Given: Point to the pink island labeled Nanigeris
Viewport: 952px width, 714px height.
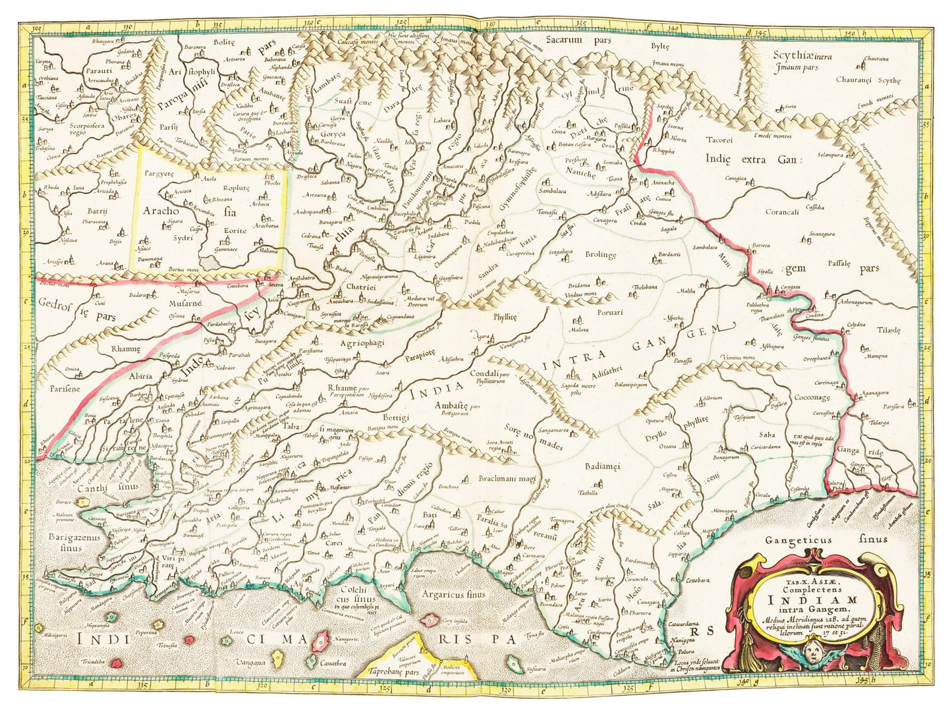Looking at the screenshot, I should coord(322,639).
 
